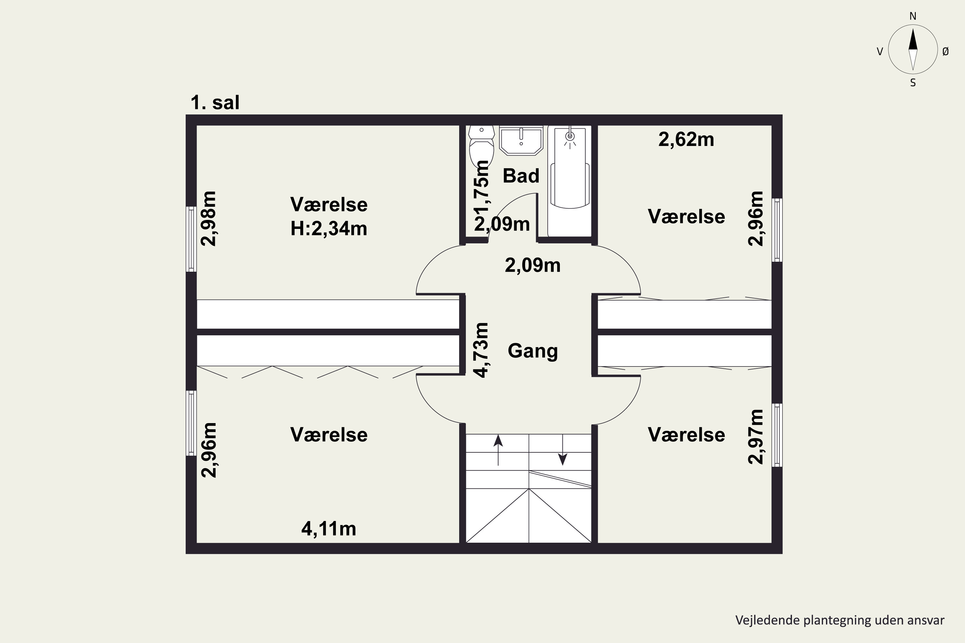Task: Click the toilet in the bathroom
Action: pyautogui.click(x=481, y=147)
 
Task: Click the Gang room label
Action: pyautogui.click(x=533, y=351)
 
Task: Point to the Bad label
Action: pyautogui.click(x=521, y=176)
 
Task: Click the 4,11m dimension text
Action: pyautogui.click(x=329, y=529)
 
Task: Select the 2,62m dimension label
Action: pyautogui.click(x=686, y=140)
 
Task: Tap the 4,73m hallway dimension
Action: pyautogui.click(x=481, y=350)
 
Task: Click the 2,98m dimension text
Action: pyautogui.click(x=208, y=218)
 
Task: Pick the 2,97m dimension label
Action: pyautogui.click(x=755, y=437)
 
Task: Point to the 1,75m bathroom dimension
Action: pyautogui.click(x=482, y=186)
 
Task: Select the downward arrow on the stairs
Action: pyautogui.click(x=563, y=450)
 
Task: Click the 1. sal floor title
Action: pyautogui.click(x=215, y=103)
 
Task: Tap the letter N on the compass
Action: pyautogui.click(x=913, y=16)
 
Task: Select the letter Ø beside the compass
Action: pyautogui.click(x=946, y=51)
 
